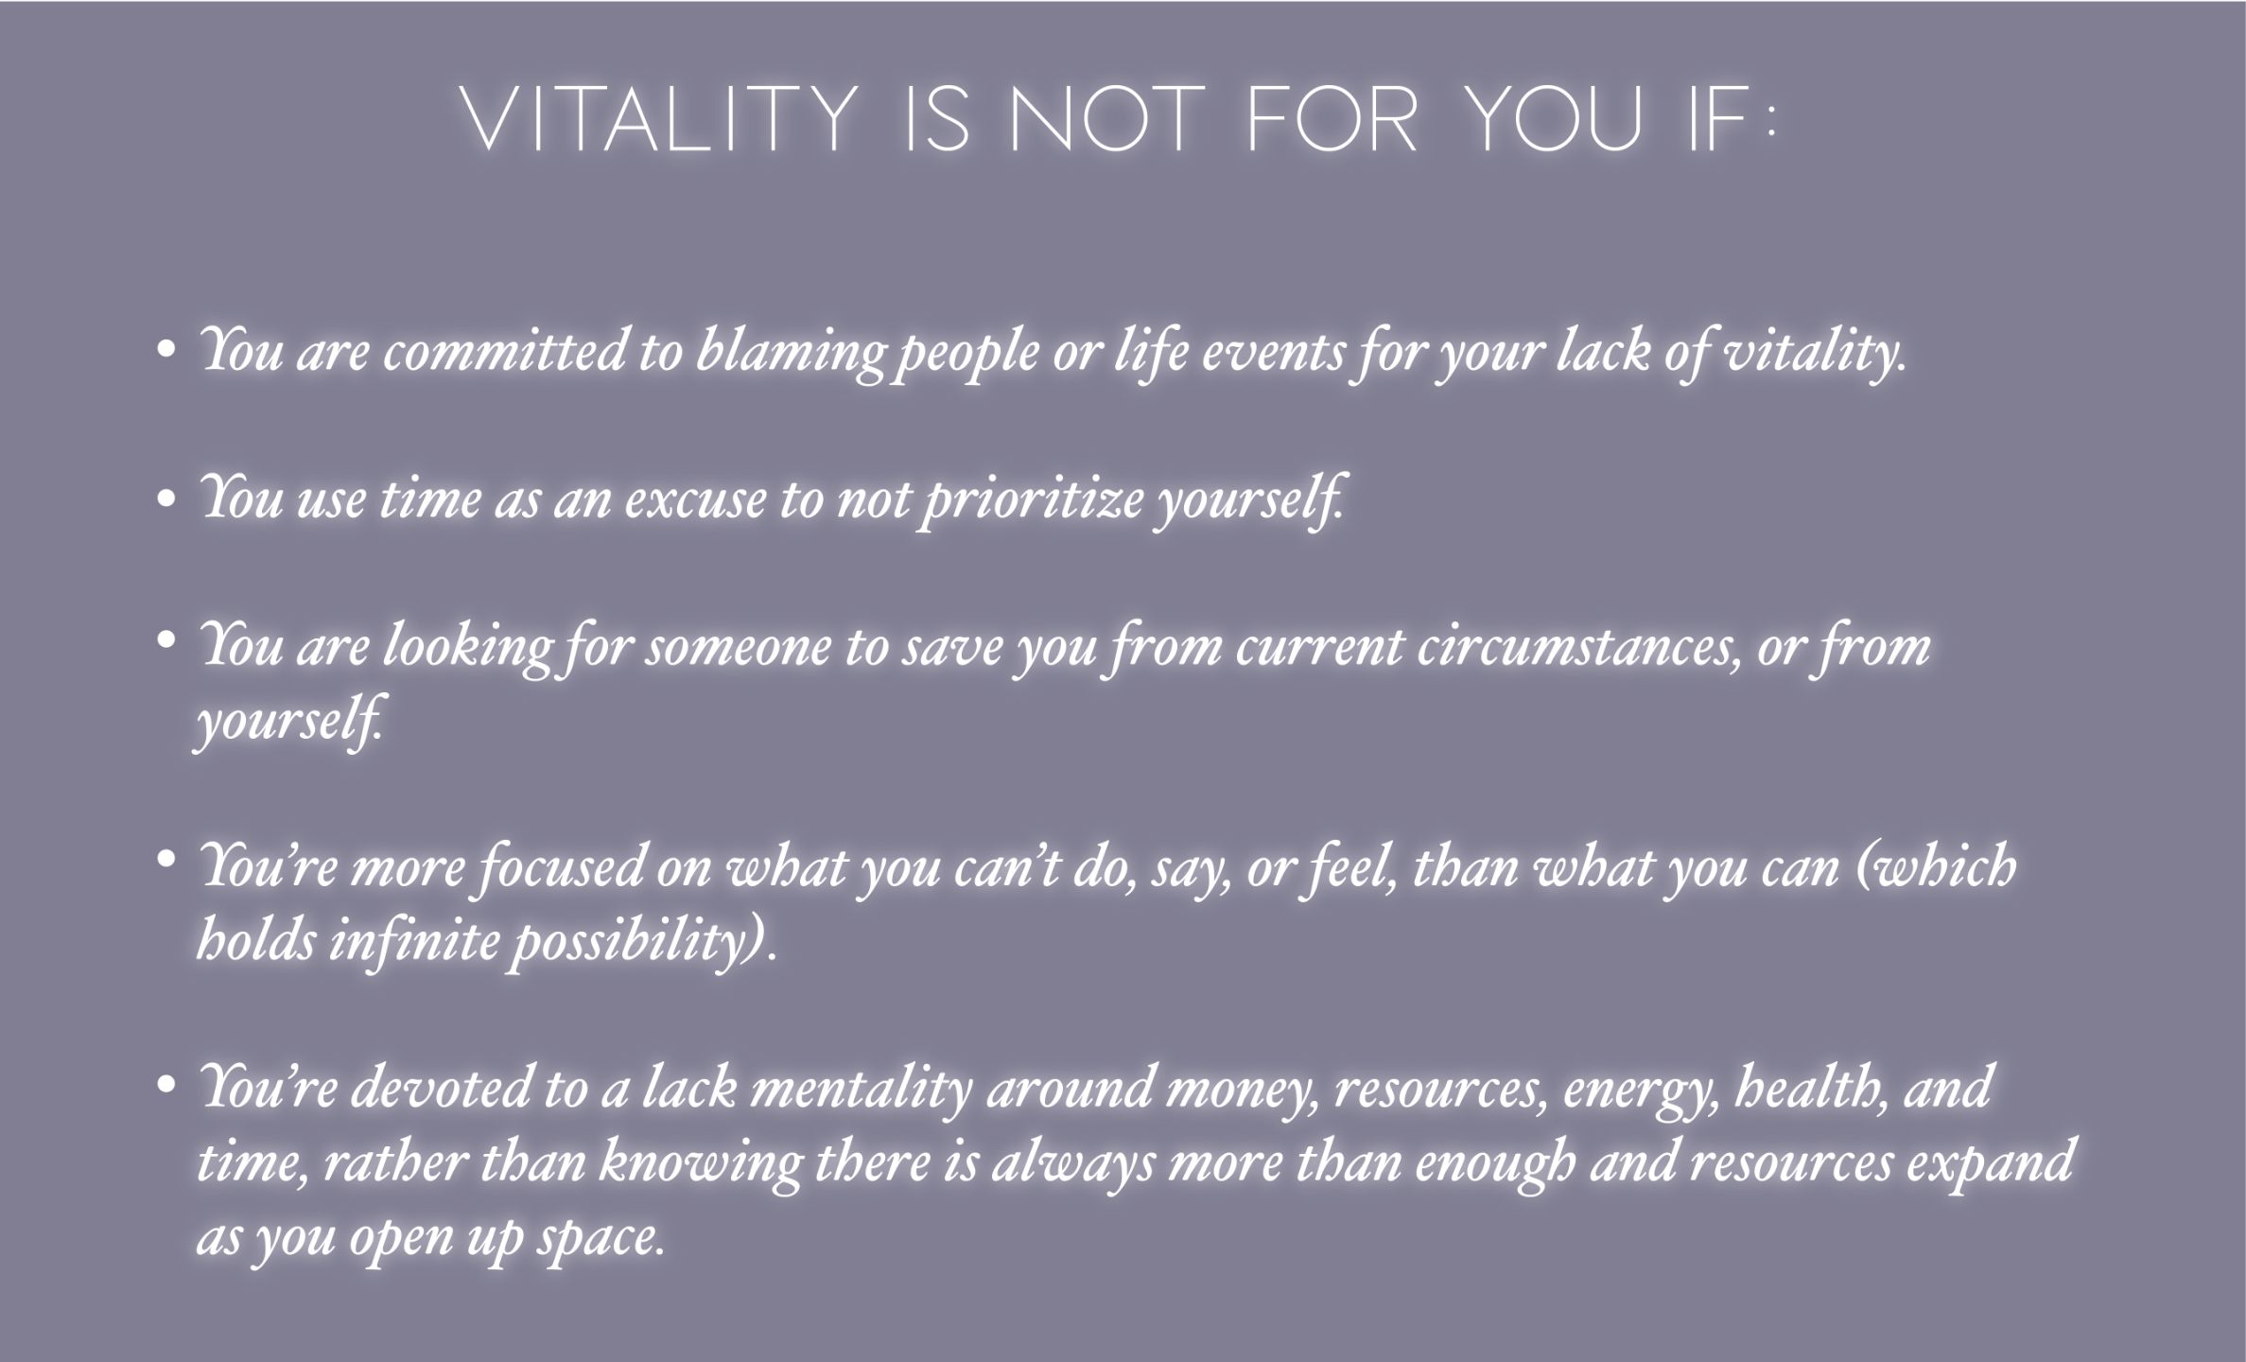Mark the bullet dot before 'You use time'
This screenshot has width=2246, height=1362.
coord(166,498)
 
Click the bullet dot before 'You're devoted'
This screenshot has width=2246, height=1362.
coord(166,1081)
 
